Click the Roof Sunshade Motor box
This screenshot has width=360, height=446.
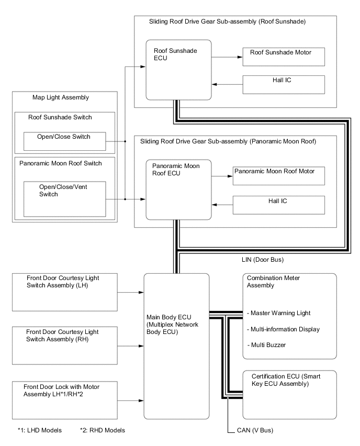pos(284,57)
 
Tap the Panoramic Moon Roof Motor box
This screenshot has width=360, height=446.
pos(279,176)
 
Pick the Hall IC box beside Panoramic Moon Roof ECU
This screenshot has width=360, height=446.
pos(279,205)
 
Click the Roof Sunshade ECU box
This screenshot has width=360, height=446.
pos(178,69)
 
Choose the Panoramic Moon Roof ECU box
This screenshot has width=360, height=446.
pos(178,189)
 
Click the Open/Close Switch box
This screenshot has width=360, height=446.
pos(65,141)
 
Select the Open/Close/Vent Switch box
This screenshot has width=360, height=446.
pos(65,198)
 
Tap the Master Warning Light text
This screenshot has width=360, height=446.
pos(279,313)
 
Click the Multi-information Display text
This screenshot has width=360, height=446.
pos(283,329)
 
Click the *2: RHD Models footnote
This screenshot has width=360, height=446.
pos(103,430)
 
